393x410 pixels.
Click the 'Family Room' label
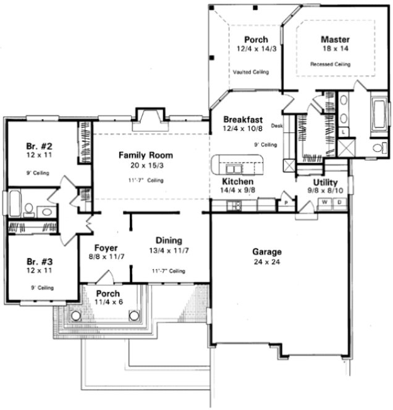pyautogui.click(x=146, y=155)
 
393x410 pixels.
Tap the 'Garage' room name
pyautogui.click(x=267, y=252)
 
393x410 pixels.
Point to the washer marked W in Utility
pyautogui.click(x=325, y=202)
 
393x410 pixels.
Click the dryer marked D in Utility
pyautogui.click(x=338, y=202)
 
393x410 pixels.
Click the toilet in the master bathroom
pyautogui.click(x=378, y=147)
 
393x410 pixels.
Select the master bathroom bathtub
pyautogui.click(x=379, y=115)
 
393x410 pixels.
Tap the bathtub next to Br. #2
pyautogui.click(x=14, y=203)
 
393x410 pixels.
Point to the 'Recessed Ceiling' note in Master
pyautogui.click(x=330, y=64)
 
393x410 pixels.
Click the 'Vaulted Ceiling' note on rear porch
pyautogui.click(x=251, y=72)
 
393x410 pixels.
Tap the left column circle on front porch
pyautogui.click(x=76, y=316)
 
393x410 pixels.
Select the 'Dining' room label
pyautogui.click(x=168, y=240)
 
